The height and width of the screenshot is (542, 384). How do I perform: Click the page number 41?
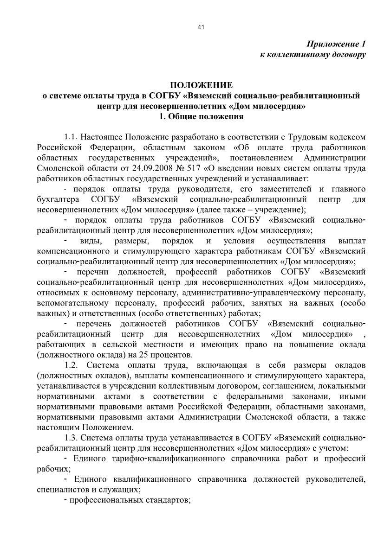pos(201,27)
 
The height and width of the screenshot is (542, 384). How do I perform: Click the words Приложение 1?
pos(336,45)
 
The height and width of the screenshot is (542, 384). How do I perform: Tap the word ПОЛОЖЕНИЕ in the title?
pos(201,85)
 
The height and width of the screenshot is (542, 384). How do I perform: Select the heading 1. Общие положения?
pos(201,117)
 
